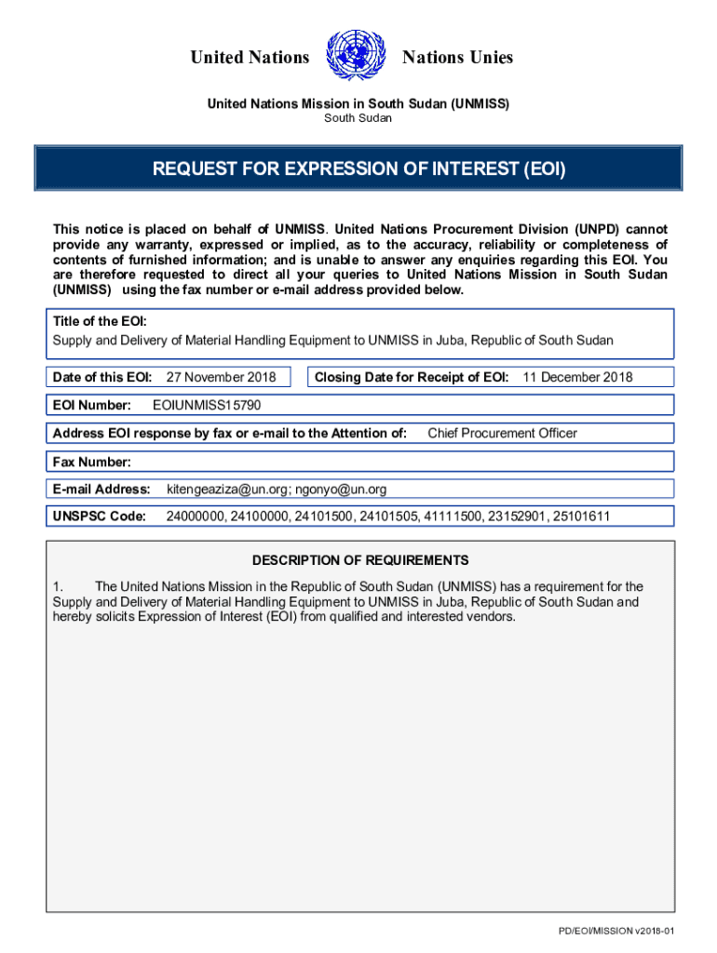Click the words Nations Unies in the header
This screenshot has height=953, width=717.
(x=457, y=58)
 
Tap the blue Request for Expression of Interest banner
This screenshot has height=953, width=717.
(x=358, y=169)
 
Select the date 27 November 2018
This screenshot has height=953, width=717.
(x=221, y=377)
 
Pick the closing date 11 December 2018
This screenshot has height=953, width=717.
(x=577, y=377)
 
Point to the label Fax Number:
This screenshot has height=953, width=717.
(x=92, y=462)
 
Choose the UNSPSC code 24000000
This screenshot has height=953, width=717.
(x=196, y=516)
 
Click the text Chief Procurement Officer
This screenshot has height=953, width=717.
(x=502, y=433)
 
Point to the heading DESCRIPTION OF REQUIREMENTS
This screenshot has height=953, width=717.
(x=360, y=560)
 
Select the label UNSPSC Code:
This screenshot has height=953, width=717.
(x=99, y=516)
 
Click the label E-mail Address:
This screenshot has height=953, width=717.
(x=101, y=489)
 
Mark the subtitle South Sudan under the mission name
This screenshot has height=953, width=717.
(x=358, y=118)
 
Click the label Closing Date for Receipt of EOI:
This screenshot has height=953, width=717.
(x=412, y=377)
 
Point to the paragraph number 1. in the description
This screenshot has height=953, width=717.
(x=58, y=586)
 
